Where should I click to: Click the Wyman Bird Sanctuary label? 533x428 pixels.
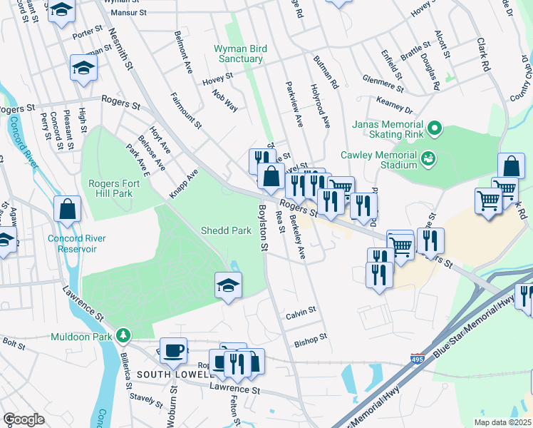tap(240, 53)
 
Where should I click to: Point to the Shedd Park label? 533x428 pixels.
tap(225, 230)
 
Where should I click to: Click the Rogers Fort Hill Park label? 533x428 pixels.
tap(110, 188)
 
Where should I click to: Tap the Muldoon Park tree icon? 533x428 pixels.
tap(124, 335)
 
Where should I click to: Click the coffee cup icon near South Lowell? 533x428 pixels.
tap(172, 350)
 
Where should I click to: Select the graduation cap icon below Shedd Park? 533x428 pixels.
tap(228, 286)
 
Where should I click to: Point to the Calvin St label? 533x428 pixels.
tap(300, 312)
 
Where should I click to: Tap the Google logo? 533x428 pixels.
tap(24, 419)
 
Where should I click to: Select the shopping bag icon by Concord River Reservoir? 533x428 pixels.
tap(68, 209)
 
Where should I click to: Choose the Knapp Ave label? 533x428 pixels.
tap(183, 184)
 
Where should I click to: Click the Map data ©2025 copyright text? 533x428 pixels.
tap(502, 422)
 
